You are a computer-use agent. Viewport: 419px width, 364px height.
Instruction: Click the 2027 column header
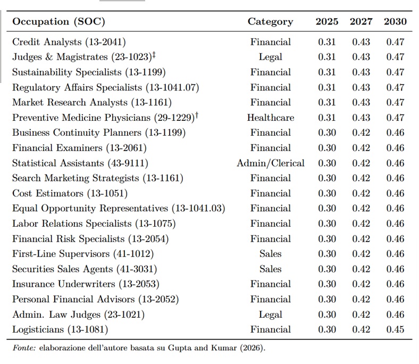361,21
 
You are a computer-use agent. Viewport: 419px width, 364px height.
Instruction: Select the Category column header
270,22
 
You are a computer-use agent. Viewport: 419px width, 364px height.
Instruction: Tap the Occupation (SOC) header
58,22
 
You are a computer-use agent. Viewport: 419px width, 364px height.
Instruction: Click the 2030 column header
395,21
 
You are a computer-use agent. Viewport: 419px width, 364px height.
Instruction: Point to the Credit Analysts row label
69,42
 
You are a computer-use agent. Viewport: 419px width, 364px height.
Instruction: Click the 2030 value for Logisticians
395,329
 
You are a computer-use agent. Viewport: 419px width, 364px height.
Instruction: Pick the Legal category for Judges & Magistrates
271,57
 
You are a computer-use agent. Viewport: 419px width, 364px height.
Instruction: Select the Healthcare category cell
271,118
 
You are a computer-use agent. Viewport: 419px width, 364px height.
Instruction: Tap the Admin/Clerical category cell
271,163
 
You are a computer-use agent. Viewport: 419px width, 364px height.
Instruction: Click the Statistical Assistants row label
80,163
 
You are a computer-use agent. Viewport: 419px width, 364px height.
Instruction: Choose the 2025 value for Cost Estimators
327,193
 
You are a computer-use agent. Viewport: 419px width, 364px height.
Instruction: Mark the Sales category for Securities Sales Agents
271,269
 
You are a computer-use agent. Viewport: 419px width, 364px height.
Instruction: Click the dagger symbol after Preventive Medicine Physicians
197,115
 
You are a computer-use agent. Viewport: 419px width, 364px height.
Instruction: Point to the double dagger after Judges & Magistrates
154,55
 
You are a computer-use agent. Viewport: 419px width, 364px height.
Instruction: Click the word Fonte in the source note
24,348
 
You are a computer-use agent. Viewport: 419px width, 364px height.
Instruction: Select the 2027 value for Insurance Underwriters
361,284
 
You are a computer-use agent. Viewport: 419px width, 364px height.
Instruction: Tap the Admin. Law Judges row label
78,315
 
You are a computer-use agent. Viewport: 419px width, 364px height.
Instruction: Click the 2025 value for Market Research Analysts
327,102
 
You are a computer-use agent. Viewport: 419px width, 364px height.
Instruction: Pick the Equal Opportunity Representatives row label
119,209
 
